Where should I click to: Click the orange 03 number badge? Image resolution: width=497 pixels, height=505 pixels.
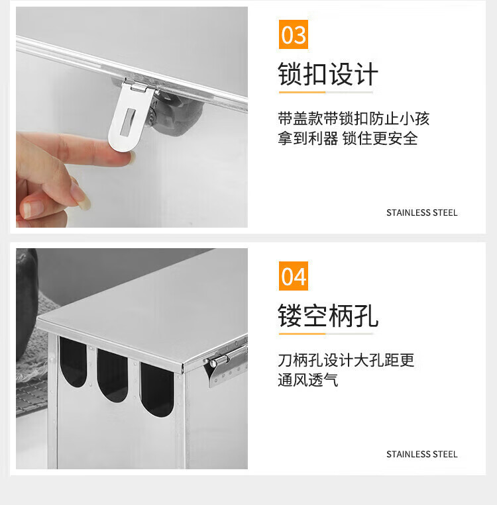(x=293, y=34)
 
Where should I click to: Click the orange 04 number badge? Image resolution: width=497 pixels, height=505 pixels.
(x=293, y=276)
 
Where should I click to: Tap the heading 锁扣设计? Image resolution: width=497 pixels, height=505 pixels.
(x=327, y=74)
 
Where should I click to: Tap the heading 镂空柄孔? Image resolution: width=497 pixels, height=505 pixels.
(x=327, y=316)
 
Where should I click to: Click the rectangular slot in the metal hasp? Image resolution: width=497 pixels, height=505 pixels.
(x=127, y=122)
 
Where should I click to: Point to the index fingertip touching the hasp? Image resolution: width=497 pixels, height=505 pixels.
(x=127, y=158)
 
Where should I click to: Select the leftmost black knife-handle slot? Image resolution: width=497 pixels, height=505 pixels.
(x=73, y=361)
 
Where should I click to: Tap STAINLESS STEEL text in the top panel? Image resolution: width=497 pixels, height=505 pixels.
(x=422, y=212)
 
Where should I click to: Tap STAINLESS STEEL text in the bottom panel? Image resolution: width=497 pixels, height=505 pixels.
(x=422, y=454)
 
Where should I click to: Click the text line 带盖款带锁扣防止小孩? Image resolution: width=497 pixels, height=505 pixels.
(x=353, y=118)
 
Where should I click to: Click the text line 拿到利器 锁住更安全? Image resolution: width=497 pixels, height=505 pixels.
(x=348, y=138)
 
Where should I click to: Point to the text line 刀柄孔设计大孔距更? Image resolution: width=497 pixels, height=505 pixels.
(x=346, y=360)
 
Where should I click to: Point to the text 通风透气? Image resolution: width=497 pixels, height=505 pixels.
(x=307, y=380)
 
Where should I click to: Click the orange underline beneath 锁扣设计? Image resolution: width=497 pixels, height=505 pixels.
(x=302, y=93)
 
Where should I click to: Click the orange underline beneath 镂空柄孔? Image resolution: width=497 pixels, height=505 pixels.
(x=302, y=334)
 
